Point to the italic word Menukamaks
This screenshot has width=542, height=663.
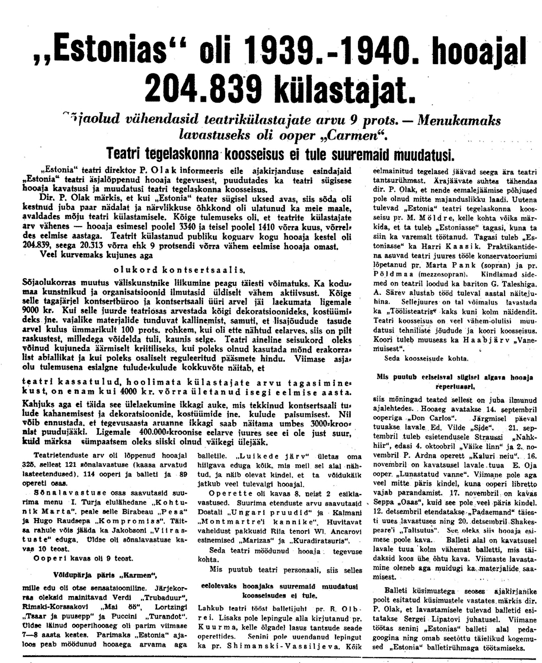[459, 120]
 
